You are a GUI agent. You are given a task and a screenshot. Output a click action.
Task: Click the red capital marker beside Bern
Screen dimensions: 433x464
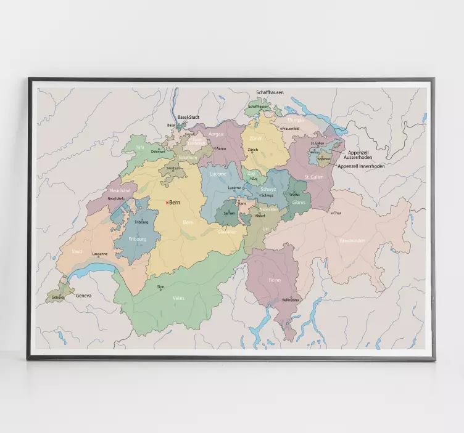(167, 203)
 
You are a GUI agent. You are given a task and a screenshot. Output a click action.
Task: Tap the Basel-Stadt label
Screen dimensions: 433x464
(188, 117)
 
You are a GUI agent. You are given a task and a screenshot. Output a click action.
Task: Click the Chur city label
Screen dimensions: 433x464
(337, 214)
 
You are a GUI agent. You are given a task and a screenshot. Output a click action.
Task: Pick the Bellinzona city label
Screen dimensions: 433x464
(289, 300)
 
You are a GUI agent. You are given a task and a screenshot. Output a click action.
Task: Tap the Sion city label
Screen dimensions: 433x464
(161, 286)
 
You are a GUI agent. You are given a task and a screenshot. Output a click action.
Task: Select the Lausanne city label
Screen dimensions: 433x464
(99, 254)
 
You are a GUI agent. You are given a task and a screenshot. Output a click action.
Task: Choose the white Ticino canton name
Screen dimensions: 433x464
(275, 280)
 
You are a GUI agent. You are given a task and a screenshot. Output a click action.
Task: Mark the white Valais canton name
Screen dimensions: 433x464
(178, 297)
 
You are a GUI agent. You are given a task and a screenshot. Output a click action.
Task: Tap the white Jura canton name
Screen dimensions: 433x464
(140, 147)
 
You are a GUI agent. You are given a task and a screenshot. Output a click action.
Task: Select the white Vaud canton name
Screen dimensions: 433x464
(77, 251)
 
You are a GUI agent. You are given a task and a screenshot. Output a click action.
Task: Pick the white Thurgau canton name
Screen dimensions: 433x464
(296, 120)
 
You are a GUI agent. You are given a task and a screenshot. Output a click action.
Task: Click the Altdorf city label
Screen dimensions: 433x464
(260, 216)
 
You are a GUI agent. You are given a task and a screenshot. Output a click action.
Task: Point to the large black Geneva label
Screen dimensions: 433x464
(83, 296)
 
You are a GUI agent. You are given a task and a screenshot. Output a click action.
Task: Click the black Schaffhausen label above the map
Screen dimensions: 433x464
(270, 92)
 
